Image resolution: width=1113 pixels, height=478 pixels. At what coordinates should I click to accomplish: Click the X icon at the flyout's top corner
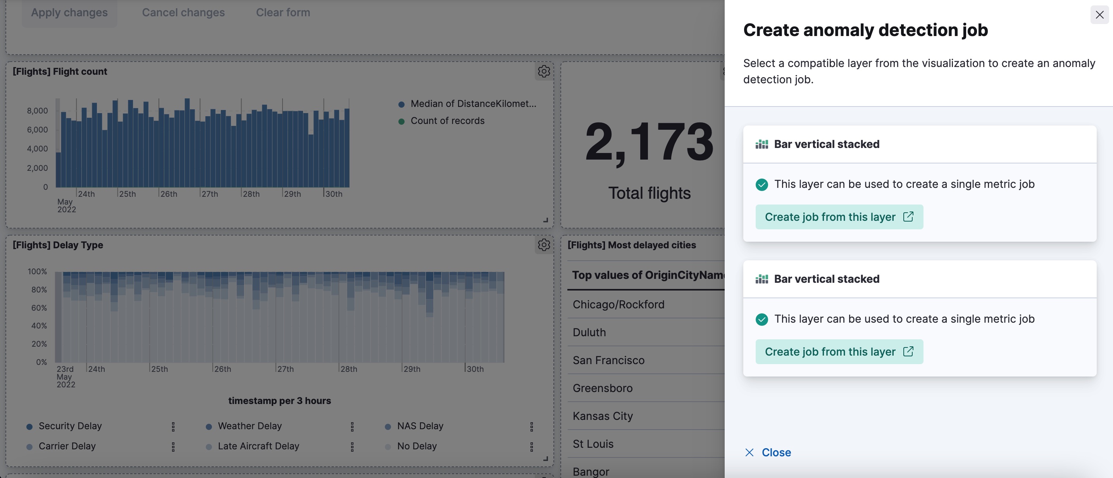click(x=1099, y=15)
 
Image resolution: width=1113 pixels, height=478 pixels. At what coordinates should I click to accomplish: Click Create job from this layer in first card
click(x=839, y=217)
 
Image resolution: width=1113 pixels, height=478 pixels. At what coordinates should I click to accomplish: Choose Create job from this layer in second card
click(x=839, y=351)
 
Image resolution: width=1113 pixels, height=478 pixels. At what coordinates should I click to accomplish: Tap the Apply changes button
click(x=69, y=12)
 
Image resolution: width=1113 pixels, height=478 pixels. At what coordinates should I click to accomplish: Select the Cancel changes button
click(x=183, y=12)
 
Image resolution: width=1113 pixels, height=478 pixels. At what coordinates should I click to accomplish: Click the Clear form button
click(x=283, y=12)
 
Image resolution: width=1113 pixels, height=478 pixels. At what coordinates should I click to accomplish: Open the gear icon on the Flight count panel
click(x=544, y=71)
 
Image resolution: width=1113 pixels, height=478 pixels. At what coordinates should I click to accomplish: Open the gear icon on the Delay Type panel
click(x=544, y=245)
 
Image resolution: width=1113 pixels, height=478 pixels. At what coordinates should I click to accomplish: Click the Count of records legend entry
click(x=447, y=121)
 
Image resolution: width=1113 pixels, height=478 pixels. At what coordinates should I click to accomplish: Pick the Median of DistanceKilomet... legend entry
click(x=473, y=104)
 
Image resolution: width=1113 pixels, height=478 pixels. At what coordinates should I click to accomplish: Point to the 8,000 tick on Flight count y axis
click(x=38, y=110)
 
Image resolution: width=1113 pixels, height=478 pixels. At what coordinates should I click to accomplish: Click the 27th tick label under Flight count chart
click(x=210, y=194)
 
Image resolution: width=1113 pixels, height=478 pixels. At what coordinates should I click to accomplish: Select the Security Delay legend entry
click(x=70, y=426)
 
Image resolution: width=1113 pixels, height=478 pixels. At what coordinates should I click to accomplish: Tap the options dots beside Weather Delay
click(x=352, y=426)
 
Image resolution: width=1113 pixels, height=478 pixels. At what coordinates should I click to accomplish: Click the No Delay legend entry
click(x=417, y=446)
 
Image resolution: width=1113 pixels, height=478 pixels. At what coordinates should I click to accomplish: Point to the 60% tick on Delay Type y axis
click(x=39, y=308)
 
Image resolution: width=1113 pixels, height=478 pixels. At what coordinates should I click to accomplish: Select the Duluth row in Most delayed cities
click(x=589, y=332)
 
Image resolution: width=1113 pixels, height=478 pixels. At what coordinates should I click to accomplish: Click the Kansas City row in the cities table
click(x=602, y=416)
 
